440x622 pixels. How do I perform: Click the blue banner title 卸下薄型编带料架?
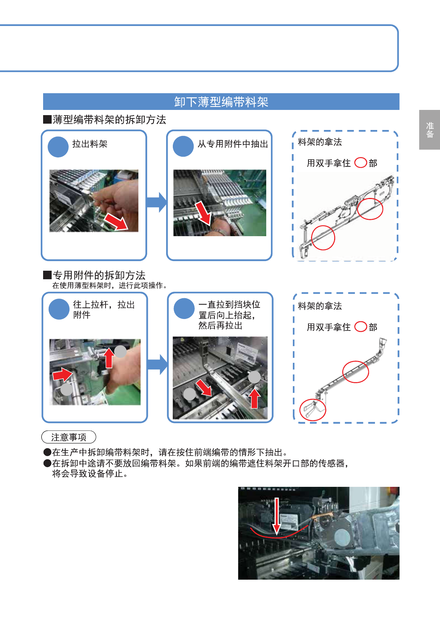click(221, 102)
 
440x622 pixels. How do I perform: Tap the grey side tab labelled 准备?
click(430, 130)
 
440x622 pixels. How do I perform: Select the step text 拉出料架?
click(90, 144)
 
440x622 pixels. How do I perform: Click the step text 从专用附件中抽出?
click(233, 144)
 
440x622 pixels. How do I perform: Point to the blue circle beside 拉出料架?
click(58, 147)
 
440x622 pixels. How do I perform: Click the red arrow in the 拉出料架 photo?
click(116, 221)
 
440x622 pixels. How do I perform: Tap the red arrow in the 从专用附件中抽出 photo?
click(203, 213)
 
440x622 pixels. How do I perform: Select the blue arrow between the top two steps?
click(156, 202)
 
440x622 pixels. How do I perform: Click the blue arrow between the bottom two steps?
click(157, 364)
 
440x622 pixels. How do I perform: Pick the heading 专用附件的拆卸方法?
click(99, 275)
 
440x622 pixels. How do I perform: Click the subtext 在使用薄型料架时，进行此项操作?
click(110, 286)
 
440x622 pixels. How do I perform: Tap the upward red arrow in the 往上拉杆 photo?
click(109, 358)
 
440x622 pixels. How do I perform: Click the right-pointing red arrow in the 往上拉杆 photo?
click(62, 375)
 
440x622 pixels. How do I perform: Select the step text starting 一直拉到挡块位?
click(229, 315)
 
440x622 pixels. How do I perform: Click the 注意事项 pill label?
click(69, 437)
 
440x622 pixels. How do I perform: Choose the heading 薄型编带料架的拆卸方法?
click(109, 120)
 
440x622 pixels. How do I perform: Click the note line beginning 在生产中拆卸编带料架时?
click(170, 452)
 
